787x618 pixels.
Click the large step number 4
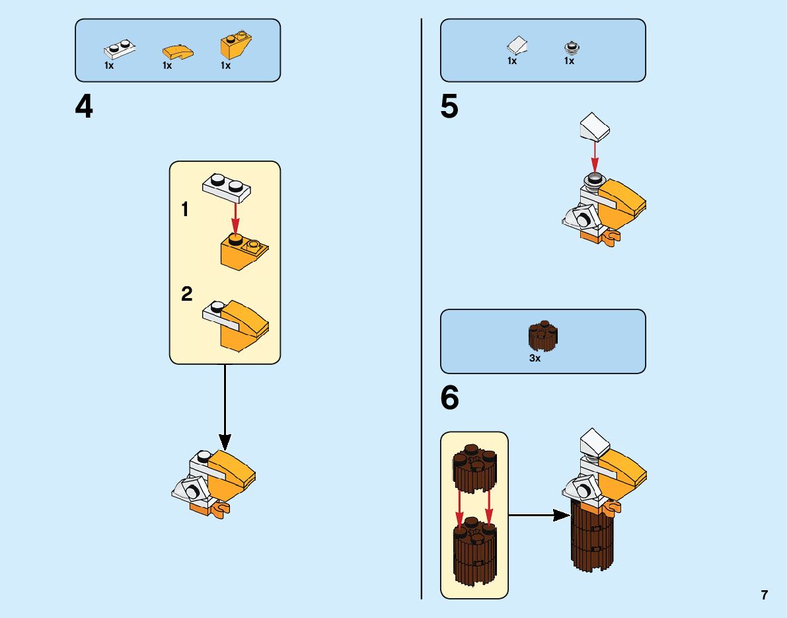pos(84,107)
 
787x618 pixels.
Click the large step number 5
pos(449,107)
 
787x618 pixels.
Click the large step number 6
pos(449,398)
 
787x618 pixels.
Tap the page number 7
pos(764,595)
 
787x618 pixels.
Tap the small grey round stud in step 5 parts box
pos(570,47)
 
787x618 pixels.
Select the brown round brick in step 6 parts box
pos(543,335)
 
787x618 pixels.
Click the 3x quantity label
pos(535,358)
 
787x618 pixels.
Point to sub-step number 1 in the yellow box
pos(186,210)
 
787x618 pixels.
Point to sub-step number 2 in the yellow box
pos(187,293)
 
